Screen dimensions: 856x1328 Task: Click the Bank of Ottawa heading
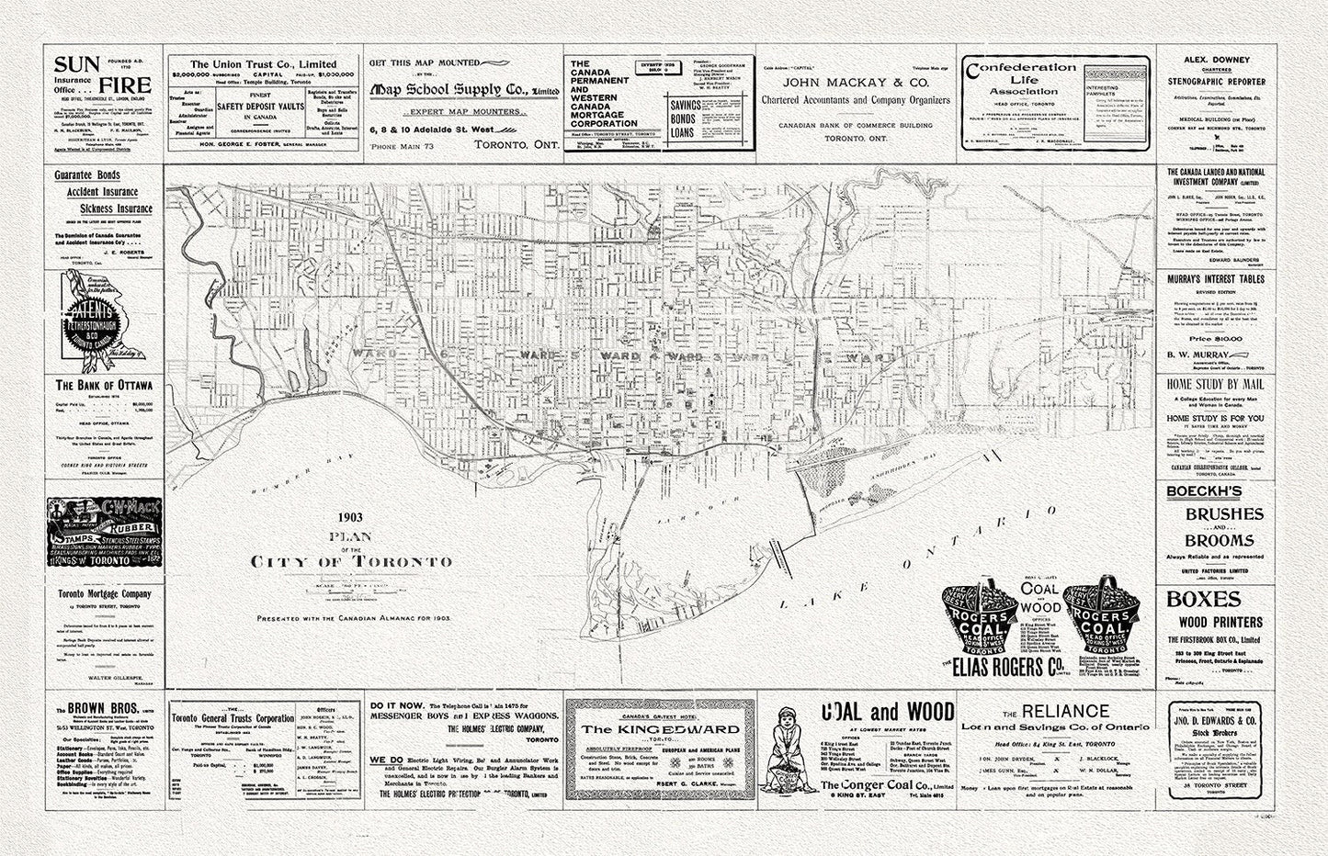(104, 386)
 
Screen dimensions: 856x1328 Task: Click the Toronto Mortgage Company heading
(104, 594)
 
